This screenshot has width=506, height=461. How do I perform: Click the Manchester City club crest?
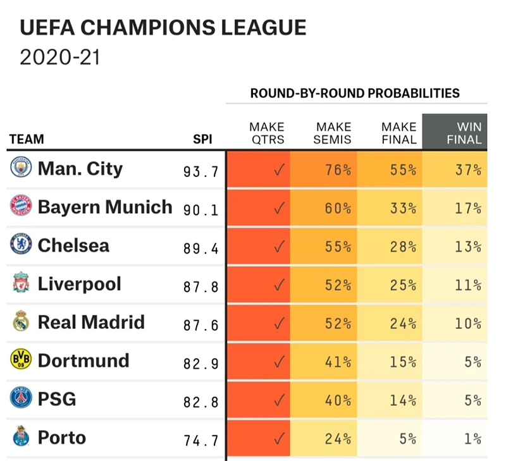[x=21, y=168]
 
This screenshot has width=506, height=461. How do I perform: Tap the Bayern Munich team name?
[x=105, y=207]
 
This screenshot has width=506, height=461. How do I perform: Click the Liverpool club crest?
[x=21, y=284]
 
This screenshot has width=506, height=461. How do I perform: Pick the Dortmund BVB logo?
[x=21, y=361]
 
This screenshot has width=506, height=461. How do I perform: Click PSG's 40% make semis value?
[x=338, y=400]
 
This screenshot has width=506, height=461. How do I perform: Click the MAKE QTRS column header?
[x=267, y=133]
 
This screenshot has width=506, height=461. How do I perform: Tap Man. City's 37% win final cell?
[x=468, y=170]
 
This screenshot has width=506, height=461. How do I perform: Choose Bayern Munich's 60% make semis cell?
[x=338, y=209]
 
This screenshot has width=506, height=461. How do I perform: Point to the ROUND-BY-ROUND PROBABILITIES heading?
[x=355, y=93]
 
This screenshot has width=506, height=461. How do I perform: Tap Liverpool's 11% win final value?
[x=468, y=285]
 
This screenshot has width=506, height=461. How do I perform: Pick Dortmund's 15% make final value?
[x=403, y=362]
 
